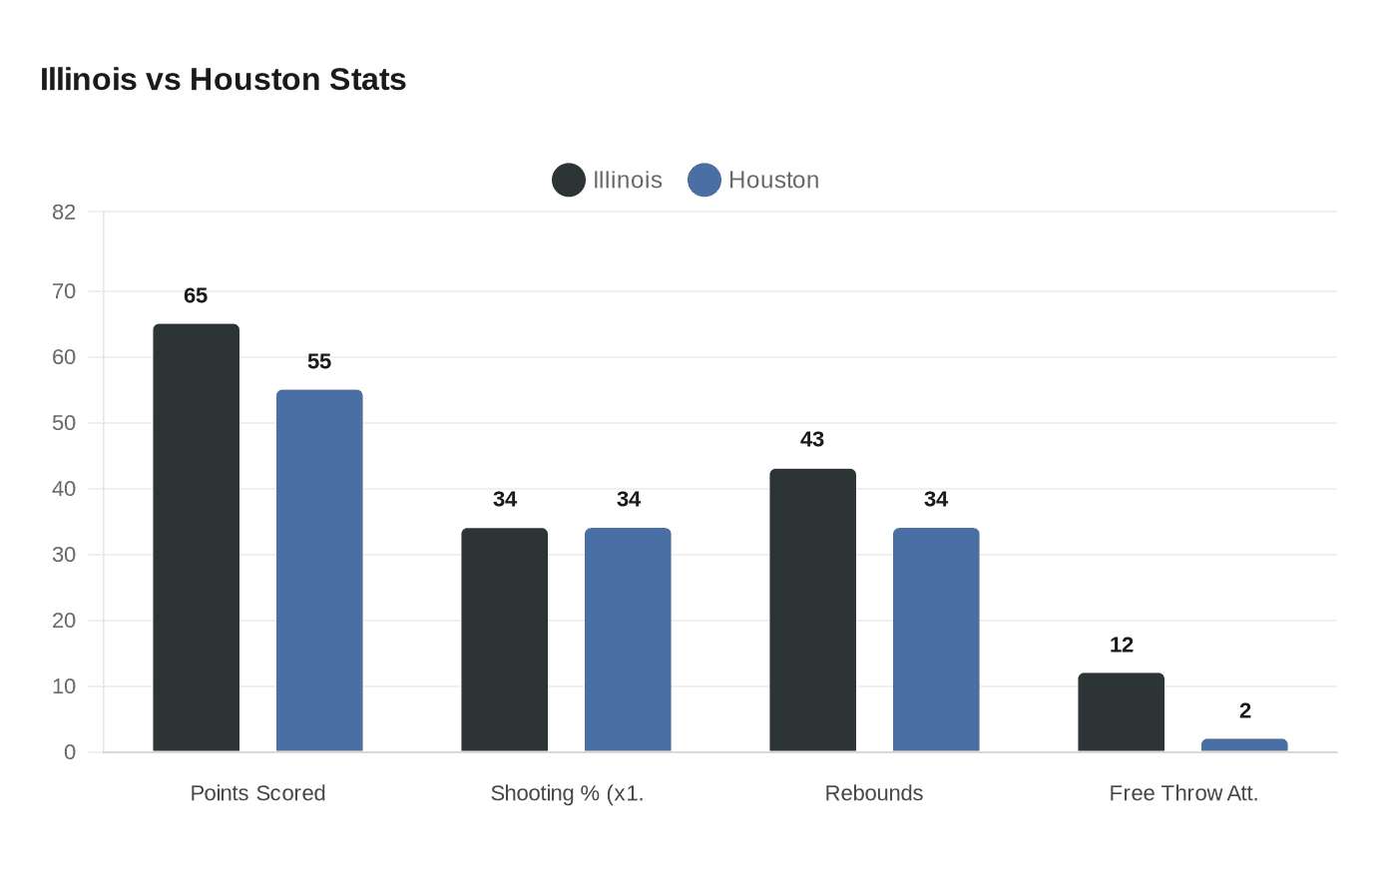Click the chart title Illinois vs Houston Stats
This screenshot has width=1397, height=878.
(223, 80)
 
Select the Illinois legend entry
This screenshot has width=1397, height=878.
(608, 180)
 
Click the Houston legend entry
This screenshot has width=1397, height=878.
(754, 180)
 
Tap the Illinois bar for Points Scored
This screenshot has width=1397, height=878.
(196, 538)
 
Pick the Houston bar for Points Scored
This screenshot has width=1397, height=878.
(319, 571)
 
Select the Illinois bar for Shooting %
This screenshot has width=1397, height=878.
(504, 640)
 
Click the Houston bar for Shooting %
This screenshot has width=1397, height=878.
(628, 640)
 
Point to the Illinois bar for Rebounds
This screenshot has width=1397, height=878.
(812, 610)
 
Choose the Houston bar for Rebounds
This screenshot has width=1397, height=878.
(936, 640)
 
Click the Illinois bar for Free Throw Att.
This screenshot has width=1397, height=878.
(1121, 712)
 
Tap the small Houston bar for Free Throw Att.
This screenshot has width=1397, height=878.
(1244, 745)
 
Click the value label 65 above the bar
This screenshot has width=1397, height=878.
(196, 295)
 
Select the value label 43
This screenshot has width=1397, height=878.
(812, 439)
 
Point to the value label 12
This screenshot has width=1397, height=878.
(1121, 645)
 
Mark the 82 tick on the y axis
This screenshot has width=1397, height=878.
(64, 212)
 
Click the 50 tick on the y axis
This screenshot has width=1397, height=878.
(64, 423)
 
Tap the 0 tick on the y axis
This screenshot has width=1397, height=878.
(70, 752)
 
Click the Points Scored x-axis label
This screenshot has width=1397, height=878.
(257, 793)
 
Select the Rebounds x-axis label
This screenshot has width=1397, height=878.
(874, 793)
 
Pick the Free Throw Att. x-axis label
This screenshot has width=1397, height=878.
(1183, 793)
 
